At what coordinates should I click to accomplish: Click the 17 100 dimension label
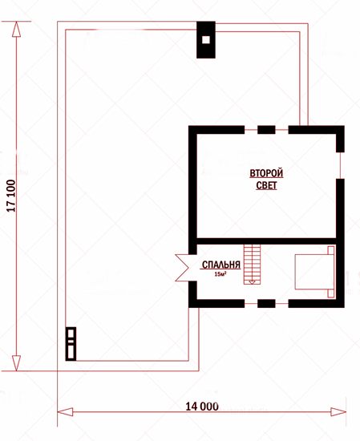click(x=11, y=196)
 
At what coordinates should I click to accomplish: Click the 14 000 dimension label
click(x=202, y=407)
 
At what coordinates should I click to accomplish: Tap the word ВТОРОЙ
click(x=266, y=173)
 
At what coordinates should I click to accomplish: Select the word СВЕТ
click(x=266, y=185)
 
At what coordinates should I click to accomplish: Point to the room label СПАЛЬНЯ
click(x=221, y=265)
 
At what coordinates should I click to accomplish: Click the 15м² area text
click(x=220, y=273)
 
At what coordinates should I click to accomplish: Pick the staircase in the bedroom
click(x=252, y=265)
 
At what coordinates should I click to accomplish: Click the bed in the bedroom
click(x=314, y=272)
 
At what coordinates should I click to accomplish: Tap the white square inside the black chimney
click(x=206, y=40)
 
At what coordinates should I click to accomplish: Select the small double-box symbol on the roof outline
click(x=71, y=344)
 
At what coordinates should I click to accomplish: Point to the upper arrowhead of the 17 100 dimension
click(x=16, y=29)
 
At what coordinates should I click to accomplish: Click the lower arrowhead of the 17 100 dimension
click(x=16, y=363)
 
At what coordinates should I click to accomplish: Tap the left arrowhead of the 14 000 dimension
click(x=65, y=412)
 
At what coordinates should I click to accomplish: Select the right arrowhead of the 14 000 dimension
click(x=338, y=412)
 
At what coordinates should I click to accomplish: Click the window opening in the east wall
click(x=340, y=165)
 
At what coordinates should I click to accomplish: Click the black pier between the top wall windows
click(x=266, y=130)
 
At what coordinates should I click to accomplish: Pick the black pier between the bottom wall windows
click(x=266, y=303)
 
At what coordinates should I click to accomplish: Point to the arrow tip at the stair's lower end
click(x=252, y=283)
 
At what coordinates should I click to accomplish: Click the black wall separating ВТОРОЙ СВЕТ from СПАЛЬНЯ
click(x=266, y=241)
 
